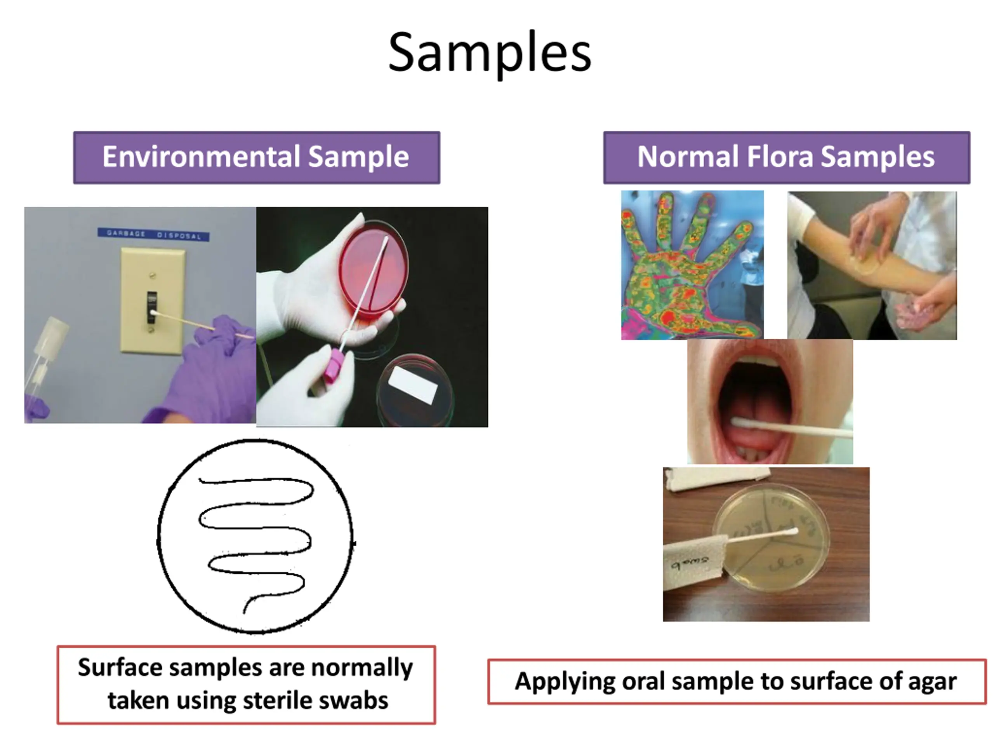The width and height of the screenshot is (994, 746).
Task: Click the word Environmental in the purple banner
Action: tap(201, 157)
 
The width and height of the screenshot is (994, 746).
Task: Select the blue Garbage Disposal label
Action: tap(154, 234)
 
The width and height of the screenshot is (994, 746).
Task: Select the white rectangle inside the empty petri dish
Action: tap(412, 385)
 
